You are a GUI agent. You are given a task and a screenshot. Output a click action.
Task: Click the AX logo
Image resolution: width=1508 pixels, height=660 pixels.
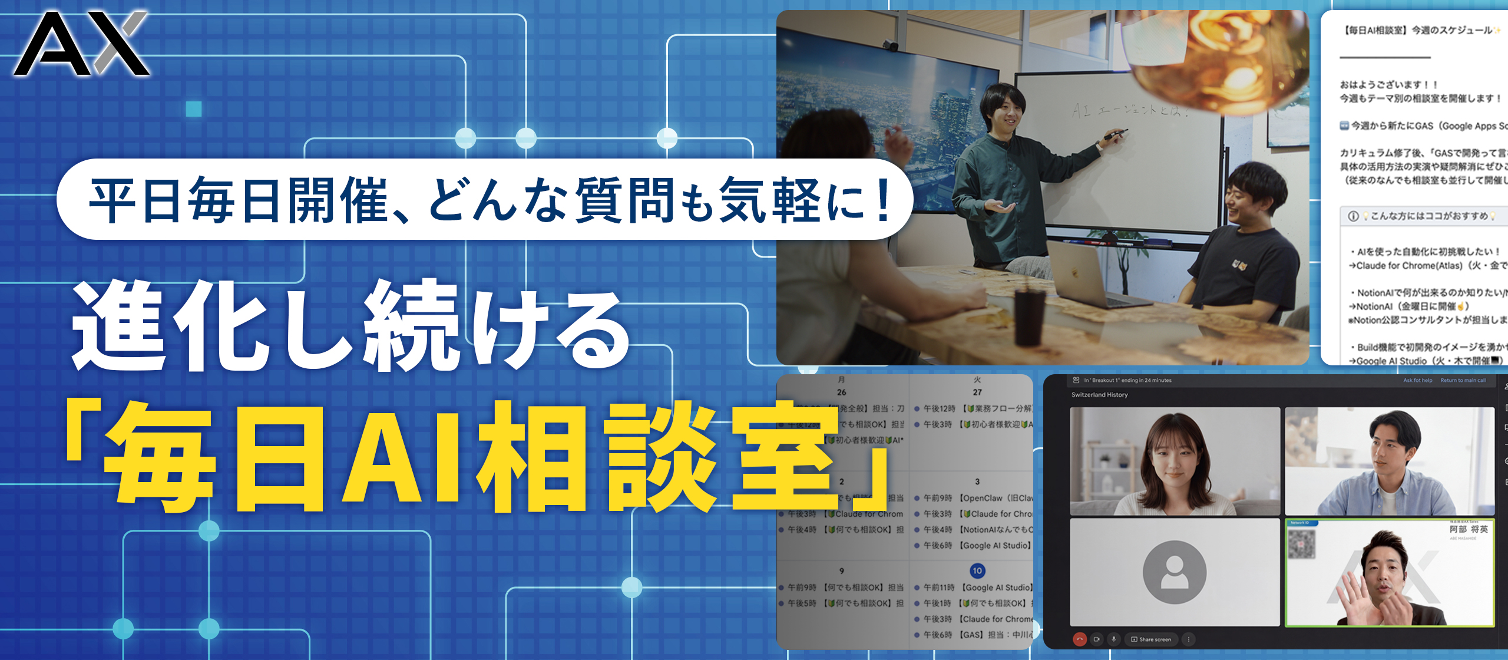(81, 44)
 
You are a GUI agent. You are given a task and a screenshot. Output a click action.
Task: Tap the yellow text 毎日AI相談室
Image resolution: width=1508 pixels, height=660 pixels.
(477, 457)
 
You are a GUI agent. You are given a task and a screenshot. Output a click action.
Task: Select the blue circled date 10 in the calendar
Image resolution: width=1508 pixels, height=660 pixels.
(977, 570)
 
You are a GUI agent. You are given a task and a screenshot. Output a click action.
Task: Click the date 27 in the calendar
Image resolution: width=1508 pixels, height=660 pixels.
(977, 392)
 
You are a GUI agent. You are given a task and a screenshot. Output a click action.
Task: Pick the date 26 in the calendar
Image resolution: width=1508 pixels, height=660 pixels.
(841, 392)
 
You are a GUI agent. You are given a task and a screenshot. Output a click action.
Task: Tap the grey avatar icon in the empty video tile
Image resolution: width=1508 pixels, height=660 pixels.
(1174, 572)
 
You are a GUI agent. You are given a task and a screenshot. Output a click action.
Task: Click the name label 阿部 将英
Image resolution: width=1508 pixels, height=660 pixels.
(1469, 529)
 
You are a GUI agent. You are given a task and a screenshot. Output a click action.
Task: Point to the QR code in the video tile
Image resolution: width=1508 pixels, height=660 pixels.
(1301, 544)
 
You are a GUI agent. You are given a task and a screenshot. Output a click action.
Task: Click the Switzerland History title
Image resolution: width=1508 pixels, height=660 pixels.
(1099, 395)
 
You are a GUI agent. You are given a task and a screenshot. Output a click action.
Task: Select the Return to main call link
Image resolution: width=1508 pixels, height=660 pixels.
(1463, 381)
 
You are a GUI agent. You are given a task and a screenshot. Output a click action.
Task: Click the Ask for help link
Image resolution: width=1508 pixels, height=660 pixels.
(1417, 381)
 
